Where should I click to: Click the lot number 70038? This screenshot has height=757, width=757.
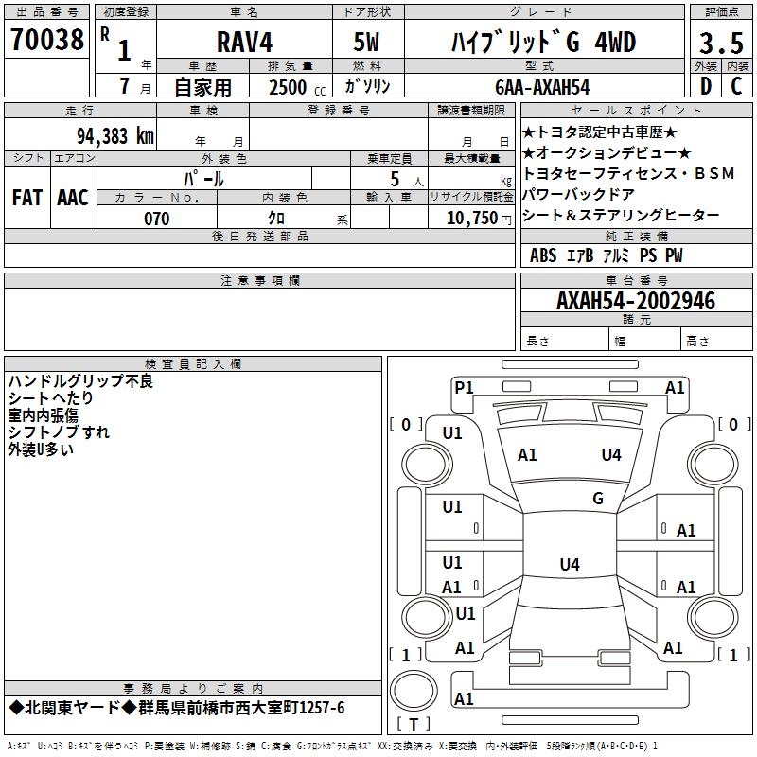46,41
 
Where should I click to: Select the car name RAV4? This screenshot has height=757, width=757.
242,43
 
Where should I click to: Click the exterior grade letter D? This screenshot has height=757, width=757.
705,86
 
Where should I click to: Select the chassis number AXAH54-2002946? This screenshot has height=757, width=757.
636,302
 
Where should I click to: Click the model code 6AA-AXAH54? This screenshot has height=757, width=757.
542,87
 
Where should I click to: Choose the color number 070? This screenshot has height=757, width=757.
157,219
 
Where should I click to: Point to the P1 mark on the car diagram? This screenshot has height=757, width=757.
464,387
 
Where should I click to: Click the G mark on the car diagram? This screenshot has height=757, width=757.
597,499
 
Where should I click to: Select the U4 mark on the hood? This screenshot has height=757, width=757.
611,455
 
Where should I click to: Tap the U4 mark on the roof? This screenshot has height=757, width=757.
569,565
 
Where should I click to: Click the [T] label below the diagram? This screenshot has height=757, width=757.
413,725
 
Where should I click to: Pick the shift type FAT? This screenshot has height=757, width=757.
26,197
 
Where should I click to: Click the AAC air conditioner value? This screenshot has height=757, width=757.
72,197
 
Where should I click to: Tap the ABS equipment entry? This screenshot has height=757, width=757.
543,255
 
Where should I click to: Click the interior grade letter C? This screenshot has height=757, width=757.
736,86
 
